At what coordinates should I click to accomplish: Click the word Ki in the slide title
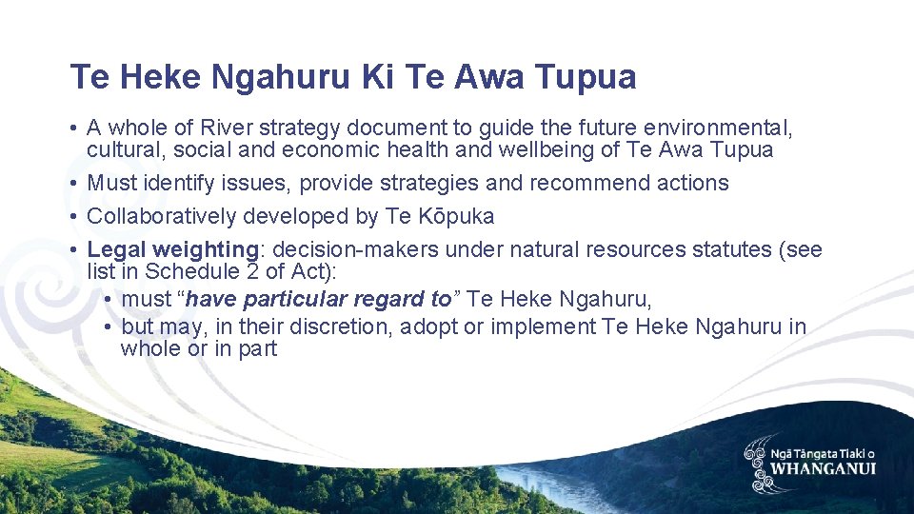click(379, 77)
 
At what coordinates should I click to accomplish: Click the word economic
click(333, 150)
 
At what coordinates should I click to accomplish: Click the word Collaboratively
click(162, 216)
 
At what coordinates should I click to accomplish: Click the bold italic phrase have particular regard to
click(319, 299)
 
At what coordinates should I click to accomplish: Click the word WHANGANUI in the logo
click(823, 468)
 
